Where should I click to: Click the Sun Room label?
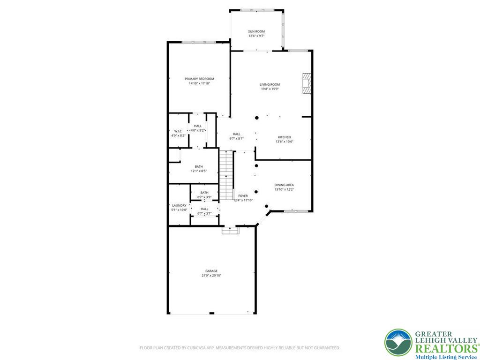tap(256, 31)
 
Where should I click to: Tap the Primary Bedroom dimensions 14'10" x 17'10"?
tap(199, 83)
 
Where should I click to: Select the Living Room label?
tap(270, 84)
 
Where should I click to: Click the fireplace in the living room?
tap(307, 83)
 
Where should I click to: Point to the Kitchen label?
tap(284, 137)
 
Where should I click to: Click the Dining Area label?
tap(284, 185)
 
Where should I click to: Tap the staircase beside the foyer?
tap(227, 174)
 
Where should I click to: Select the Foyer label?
tap(243, 195)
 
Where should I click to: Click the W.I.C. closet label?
tap(178, 131)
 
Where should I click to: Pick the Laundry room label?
tap(179, 205)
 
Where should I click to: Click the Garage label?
tap(211, 271)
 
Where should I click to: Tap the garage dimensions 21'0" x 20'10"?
tap(211, 276)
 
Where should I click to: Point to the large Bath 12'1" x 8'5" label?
tap(199, 166)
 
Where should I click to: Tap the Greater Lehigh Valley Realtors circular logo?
tap(398, 342)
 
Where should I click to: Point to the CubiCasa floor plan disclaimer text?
tap(240, 348)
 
